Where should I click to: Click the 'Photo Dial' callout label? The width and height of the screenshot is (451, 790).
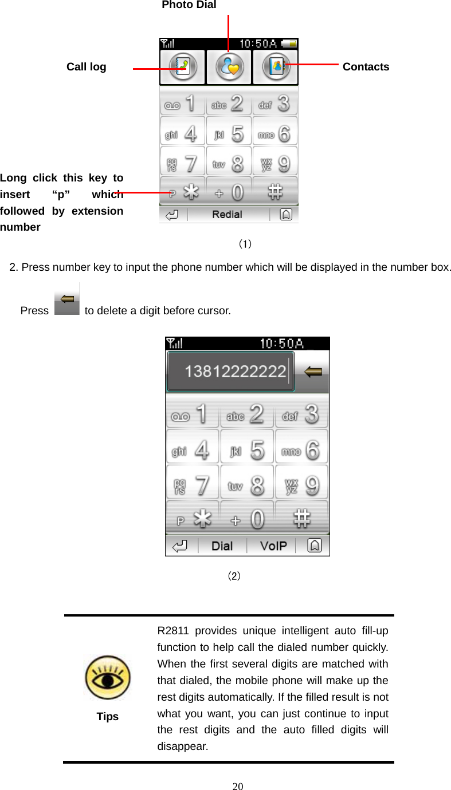click(x=189, y=5)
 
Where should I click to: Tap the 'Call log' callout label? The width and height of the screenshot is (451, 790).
click(x=86, y=67)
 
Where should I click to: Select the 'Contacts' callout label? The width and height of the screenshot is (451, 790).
click(x=366, y=67)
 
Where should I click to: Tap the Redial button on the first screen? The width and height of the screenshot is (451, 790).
click(x=227, y=215)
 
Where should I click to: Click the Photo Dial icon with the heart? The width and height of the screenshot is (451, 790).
click(x=229, y=67)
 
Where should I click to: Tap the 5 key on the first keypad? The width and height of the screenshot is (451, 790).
click(x=229, y=134)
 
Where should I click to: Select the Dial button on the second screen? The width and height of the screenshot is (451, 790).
click(x=222, y=546)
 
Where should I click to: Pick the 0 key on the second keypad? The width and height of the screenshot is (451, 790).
click(x=248, y=520)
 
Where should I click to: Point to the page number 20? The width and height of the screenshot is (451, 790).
click(x=238, y=786)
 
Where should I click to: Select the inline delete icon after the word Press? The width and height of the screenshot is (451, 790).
click(x=68, y=301)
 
